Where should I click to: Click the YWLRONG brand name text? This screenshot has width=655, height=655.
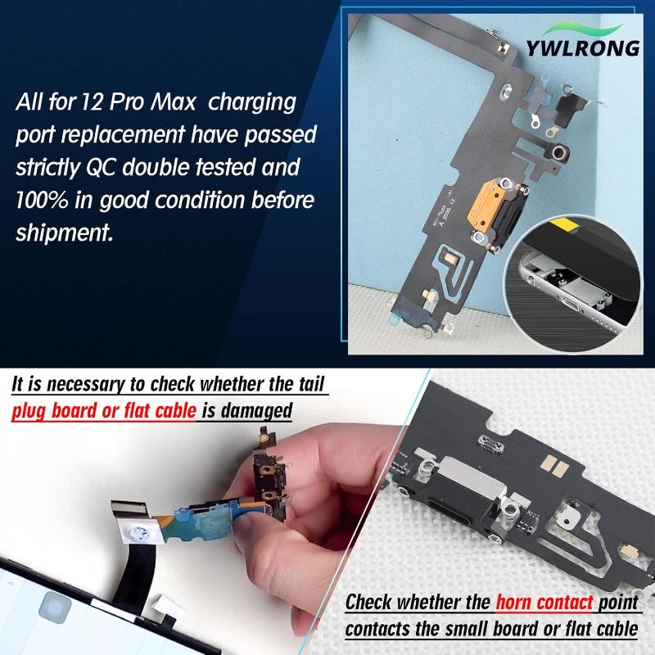coord(583,47)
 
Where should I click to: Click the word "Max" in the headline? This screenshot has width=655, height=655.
coord(173,102)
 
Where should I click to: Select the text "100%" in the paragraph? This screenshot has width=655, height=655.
coord(42,200)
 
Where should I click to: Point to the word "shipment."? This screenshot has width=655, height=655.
coord(65,233)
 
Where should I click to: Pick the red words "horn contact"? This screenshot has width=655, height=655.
coord(544,602)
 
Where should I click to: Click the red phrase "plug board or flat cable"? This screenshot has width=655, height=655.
coord(104,411)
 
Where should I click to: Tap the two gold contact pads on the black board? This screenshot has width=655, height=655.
coord(554,466)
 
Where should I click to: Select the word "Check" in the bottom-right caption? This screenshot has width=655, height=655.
coord(368,602)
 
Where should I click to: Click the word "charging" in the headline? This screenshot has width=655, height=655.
coord(252,103)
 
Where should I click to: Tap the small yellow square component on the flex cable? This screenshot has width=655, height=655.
coord(450,258)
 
